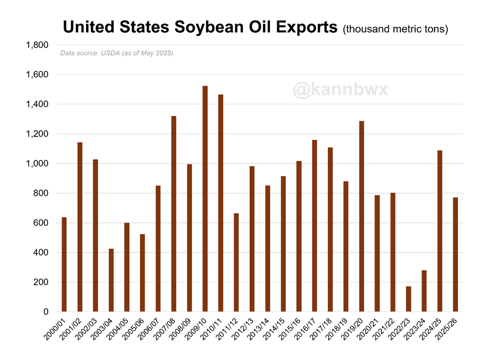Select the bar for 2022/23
click(x=408, y=299)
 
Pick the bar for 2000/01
click(x=64, y=264)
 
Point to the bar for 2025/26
click(x=455, y=254)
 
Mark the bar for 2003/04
click(x=111, y=280)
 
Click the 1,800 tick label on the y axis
click(x=37, y=45)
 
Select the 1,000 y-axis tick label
click(x=37, y=164)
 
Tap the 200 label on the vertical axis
click(x=41, y=282)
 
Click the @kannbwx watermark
click(x=340, y=90)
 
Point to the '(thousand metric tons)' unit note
click(x=395, y=29)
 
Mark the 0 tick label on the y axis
click(x=45, y=312)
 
